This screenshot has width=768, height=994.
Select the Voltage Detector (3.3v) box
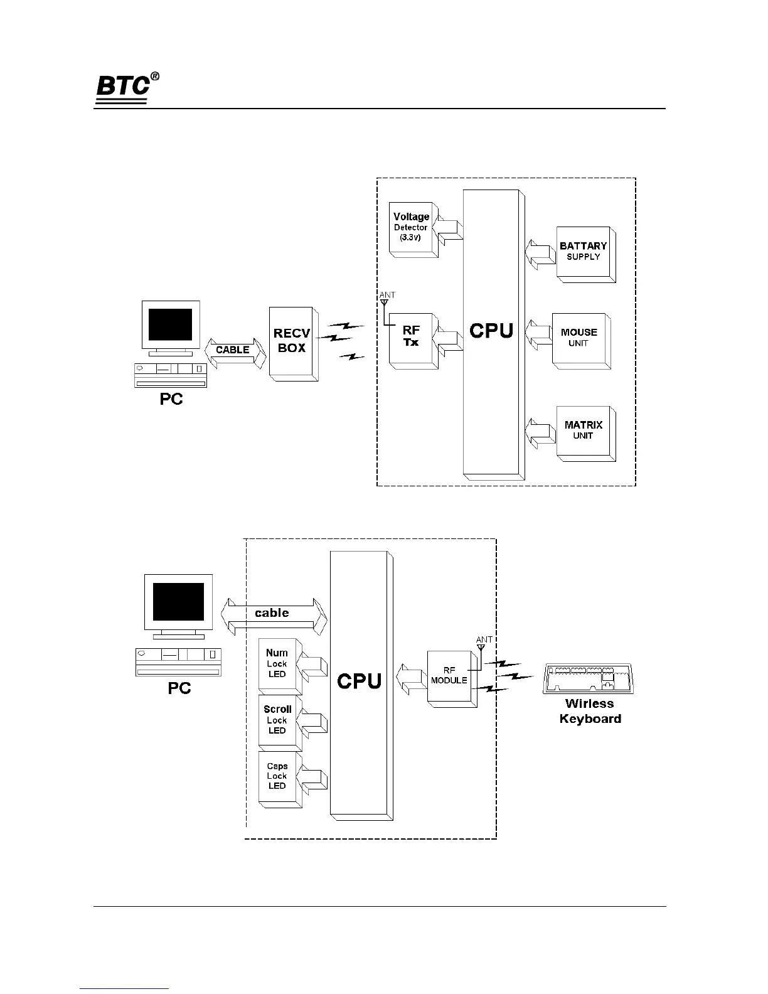point(412,227)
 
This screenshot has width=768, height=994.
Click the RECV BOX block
point(292,341)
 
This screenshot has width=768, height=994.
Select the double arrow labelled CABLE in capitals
point(233,350)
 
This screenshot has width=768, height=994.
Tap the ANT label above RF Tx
point(387,295)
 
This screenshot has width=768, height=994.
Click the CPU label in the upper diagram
point(491,331)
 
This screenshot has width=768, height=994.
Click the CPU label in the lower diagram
point(359,681)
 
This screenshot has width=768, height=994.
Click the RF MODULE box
point(449,676)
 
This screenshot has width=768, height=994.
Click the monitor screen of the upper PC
point(170,324)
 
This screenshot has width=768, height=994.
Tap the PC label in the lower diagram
point(179,688)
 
